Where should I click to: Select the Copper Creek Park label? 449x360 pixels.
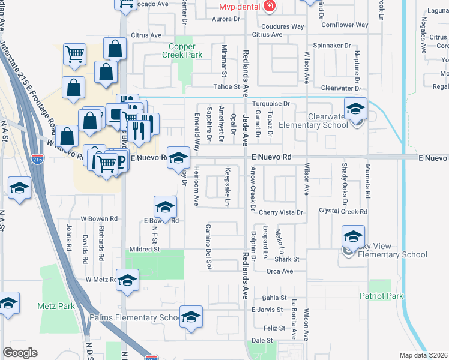pos(178,50)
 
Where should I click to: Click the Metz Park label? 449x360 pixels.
pos(56,306)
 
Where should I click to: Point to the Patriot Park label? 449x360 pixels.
pos(381,296)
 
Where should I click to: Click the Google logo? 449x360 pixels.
pos(20,353)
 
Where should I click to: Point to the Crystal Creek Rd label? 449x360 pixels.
pos(343,211)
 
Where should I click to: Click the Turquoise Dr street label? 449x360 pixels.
pos(270,104)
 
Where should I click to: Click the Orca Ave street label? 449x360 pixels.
pos(280,271)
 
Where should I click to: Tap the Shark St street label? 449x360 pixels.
pos(286,259)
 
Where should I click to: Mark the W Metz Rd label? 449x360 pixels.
pos(100,280)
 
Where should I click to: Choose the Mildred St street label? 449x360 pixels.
pos(144,248)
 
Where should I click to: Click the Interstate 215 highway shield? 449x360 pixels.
pos(37,160)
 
